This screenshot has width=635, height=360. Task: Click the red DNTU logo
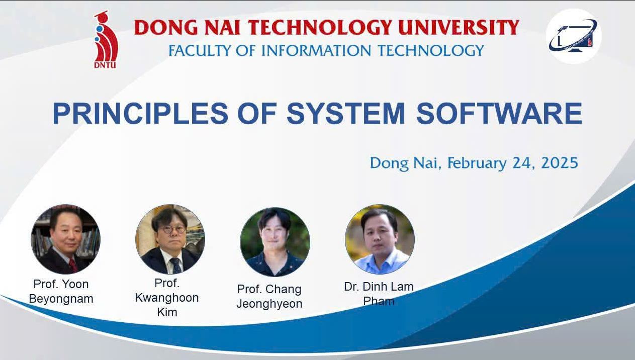[106, 40]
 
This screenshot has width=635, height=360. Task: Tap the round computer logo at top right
[574, 36]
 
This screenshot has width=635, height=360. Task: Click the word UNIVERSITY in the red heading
[459, 28]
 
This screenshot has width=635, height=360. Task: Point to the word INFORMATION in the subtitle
[316, 50]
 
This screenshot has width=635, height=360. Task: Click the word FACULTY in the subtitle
[200, 50]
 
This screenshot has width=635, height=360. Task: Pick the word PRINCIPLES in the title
[141, 114]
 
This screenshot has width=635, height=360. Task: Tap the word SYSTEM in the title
[345, 114]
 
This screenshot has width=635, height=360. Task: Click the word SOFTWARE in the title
[499, 114]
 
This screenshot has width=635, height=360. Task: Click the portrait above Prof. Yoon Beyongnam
[65, 239]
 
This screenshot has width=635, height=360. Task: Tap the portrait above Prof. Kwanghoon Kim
[170, 239]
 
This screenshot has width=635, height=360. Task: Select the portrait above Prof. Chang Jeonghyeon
[275, 242]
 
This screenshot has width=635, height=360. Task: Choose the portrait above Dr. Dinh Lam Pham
[380, 239]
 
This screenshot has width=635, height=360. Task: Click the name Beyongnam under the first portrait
[61, 299]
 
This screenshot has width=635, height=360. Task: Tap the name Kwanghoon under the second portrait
[167, 298]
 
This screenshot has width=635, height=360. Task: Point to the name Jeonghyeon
[269, 304]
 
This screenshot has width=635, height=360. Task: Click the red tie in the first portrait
[73, 265]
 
